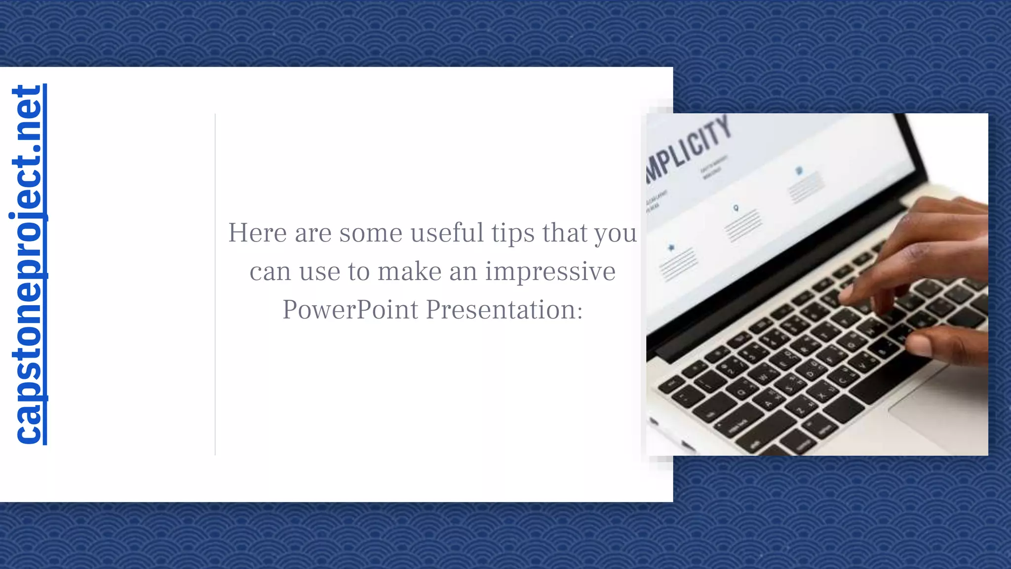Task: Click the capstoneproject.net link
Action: [x=28, y=264]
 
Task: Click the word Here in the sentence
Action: [x=257, y=233]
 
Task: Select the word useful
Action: [x=447, y=233]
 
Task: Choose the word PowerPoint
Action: [x=350, y=310]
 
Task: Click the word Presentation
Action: [x=504, y=310]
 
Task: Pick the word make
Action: [x=409, y=271]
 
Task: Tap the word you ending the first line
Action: [x=615, y=234]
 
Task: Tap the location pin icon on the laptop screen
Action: [x=736, y=208]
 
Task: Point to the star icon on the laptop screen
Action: [x=671, y=247]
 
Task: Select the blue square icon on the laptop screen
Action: [x=799, y=171]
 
